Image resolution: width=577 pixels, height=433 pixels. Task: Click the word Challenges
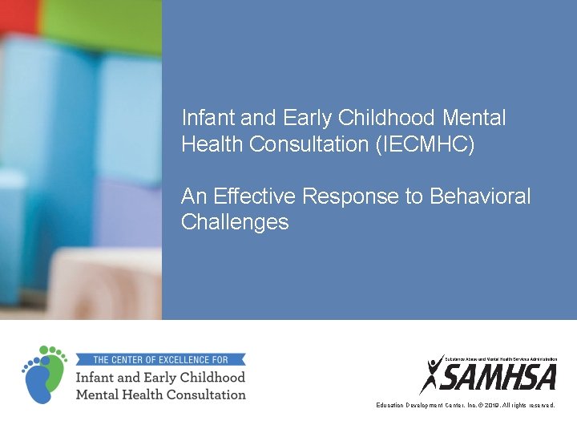[235, 222]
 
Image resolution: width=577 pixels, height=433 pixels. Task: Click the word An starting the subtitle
[195, 196]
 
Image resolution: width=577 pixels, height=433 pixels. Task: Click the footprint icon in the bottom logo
[45, 374]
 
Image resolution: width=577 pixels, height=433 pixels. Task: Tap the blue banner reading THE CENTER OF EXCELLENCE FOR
[160, 360]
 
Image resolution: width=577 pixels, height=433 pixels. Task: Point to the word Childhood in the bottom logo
[211, 377]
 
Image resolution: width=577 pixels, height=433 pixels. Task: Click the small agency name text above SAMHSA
[501, 358]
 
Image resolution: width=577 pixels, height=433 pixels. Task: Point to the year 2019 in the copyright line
[488, 406]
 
